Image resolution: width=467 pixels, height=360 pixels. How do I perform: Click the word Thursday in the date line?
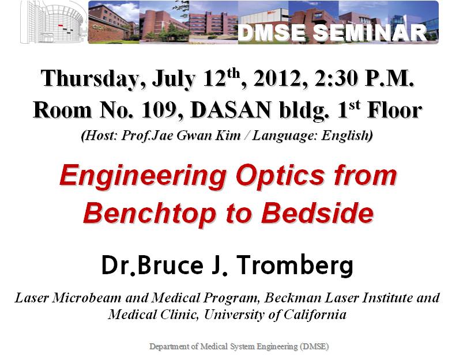(x=89, y=79)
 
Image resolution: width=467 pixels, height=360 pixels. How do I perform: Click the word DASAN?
(x=231, y=110)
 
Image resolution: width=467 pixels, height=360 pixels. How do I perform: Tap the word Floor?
(x=394, y=110)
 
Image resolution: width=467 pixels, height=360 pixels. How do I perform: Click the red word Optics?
(x=280, y=176)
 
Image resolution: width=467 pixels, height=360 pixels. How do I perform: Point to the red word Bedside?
(x=317, y=213)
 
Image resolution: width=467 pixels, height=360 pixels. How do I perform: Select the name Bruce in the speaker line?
(x=170, y=264)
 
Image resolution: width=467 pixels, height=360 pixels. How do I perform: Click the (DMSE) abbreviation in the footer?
(x=315, y=347)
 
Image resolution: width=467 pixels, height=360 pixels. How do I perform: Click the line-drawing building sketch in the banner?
(x=54, y=22)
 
